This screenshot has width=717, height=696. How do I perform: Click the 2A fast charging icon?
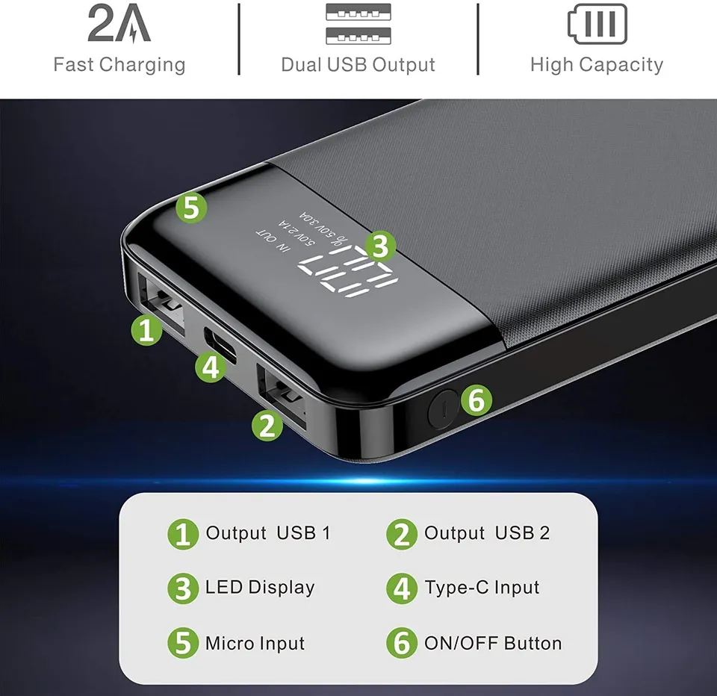click(119, 24)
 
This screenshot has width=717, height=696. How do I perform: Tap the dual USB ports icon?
click(358, 24)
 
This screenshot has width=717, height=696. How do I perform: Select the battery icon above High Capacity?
click(597, 24)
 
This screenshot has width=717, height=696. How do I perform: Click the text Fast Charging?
click(119, 64)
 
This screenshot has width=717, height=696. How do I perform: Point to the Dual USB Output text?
click(358, 64)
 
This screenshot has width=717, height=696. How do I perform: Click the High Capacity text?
click(597, 64)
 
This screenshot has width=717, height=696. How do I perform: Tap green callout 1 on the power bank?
click(146, 329)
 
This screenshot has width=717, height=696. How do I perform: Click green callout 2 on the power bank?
click(267, 425)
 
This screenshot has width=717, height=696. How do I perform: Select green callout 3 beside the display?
click(379, 244)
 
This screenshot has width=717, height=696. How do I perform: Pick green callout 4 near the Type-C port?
click(211, 367)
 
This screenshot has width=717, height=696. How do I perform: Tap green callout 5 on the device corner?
click(191, 208)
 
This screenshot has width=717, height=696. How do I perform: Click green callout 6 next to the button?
click(477, 401)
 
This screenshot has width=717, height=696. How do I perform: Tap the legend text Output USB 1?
click(267, 533)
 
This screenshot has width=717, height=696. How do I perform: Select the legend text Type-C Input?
click(482, 588)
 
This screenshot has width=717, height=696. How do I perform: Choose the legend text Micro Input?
click(255, 643)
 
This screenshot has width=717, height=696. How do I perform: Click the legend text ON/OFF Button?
click(493, 643)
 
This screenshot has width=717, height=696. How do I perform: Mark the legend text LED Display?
click(260, 588)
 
